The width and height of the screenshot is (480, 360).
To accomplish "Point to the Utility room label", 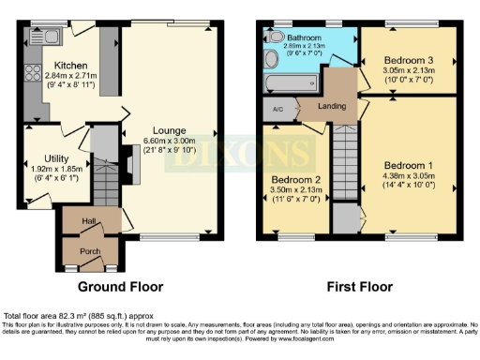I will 45,158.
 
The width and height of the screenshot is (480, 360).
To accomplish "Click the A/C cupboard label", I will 276,108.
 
